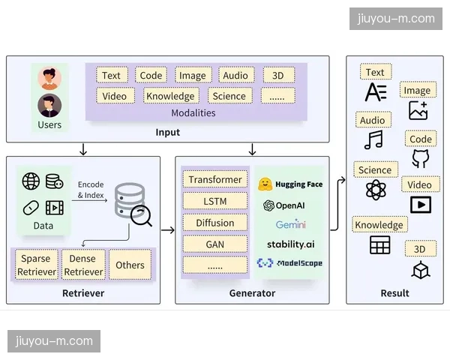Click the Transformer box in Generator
215,180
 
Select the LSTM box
215,201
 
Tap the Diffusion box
215,223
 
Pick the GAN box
215,244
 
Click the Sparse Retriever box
36,265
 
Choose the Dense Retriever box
83,265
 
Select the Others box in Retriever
130,265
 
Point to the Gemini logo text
290,224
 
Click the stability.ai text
290,244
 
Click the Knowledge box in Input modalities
170,96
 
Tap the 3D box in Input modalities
278,75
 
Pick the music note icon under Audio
373,139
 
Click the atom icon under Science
375,190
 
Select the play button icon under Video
420,204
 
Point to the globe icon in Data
31,181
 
